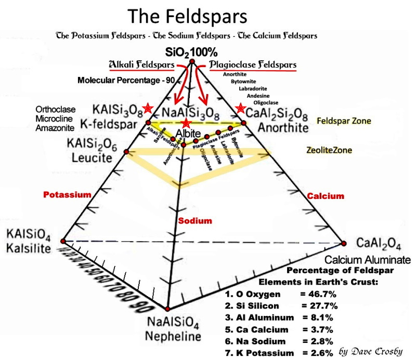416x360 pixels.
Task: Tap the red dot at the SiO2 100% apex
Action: (192, 62)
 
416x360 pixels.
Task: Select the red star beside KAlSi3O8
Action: (149, 108)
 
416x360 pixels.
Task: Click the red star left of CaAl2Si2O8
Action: (240, 109)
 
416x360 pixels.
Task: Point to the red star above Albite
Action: (186, 123)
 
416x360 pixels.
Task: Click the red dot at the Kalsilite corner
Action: (63, 241)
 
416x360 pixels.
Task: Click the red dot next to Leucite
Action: (126, 151)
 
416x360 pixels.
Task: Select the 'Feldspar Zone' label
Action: (344, 121)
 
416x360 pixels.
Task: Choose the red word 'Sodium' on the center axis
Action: (195, 221)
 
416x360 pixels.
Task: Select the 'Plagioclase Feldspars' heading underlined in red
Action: (253, 64)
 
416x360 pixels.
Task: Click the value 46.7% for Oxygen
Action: (319, 294)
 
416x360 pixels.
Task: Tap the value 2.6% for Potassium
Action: (317, 353)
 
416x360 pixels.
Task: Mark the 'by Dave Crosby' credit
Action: (370, 351)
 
